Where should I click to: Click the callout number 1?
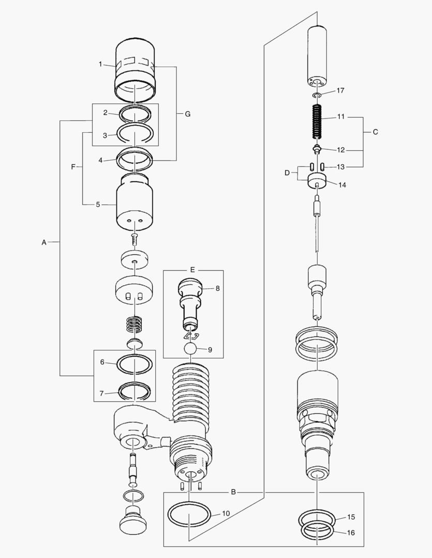pyautogui.click(x=100, y=64)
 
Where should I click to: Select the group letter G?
pyautogui.click(x=187, y=114)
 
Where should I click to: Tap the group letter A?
pyautogui.click(x=43, y=242)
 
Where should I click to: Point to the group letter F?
pyautogui.click(x=73, y=167)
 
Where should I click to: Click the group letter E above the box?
pyautogui.click(x=192, y=270)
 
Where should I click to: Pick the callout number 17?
pyautogui.click(x=340, y=90)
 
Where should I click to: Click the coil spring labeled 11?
pyautogui.click(x=317, y=122)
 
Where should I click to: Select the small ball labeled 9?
pyautogui.click(x=191, y=349)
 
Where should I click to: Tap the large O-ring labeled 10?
pyautogui.click(x=189, y=517)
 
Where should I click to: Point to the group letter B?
pyautogui.click(x=233, y=492)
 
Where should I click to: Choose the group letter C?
pyautogui.click(x=376, y=132)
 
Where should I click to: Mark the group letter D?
pyautogui.click(x=287, y=173)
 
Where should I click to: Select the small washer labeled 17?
pyautogui.click(x=317, y=96)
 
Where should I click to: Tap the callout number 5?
pyautogui.click(x=98, y=205)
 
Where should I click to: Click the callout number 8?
pyautogui.click(x=218, y=288)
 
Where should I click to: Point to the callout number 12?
pyautogui.click(x=340, y=150)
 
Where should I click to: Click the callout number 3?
pyautogui.click(x=105, y=135)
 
